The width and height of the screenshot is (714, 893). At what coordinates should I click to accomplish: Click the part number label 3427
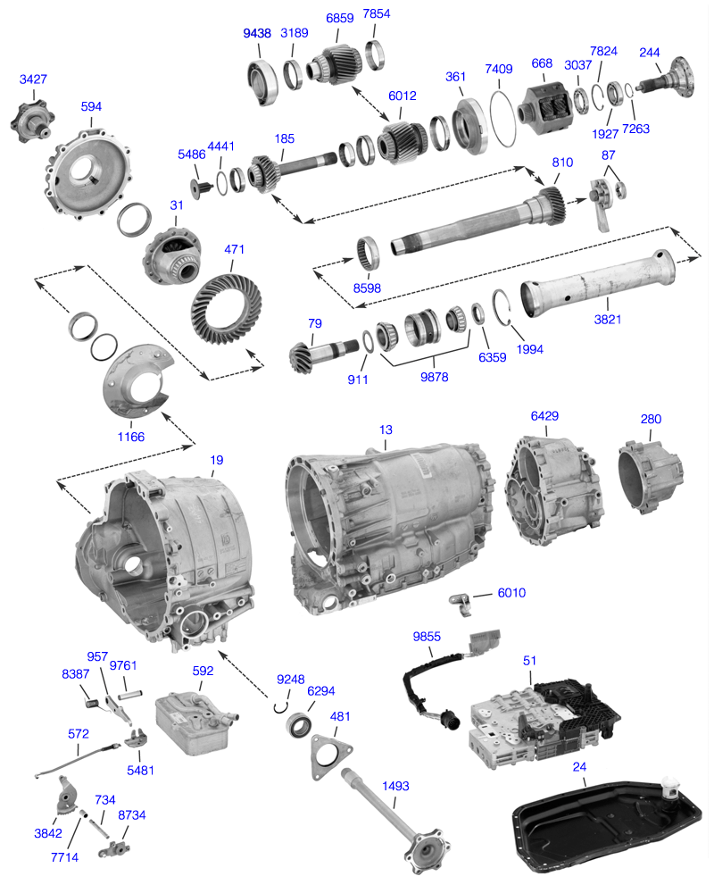click(33, 79)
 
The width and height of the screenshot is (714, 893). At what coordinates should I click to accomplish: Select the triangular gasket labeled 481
click(326, 751)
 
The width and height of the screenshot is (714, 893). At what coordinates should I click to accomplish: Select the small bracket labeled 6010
click(461, 603)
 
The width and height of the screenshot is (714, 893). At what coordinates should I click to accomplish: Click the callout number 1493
click(394, 787)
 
